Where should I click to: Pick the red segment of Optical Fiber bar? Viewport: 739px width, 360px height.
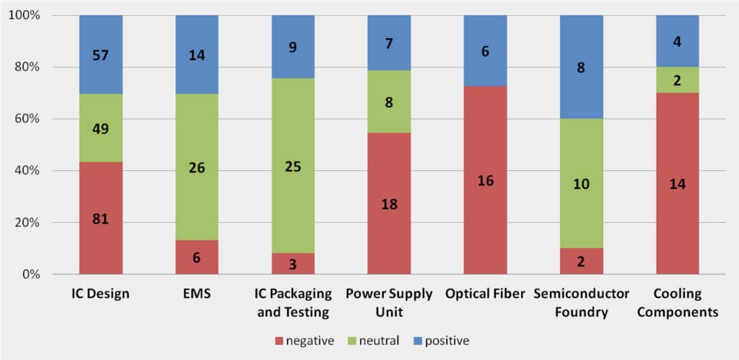tap(485, 180)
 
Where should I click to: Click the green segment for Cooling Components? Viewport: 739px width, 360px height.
tap(677, 80)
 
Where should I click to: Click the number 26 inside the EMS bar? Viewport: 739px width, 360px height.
tap(197, 168)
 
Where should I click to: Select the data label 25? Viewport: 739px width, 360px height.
tap(293, 167)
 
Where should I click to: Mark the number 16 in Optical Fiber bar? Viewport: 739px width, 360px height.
tap(485, 180)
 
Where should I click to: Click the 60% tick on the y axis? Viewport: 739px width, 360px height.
tap(35, 119)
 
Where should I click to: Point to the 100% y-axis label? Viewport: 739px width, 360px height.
tap(32, 15)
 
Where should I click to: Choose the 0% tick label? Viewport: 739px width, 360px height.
tap(38, 275)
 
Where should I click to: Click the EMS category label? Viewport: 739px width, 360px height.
tap(197, 294)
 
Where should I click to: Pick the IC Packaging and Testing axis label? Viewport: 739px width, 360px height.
tap(293, 303)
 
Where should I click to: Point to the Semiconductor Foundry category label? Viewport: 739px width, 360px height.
tap(581, 303)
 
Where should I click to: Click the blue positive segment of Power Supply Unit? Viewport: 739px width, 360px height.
tap(389, 43)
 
